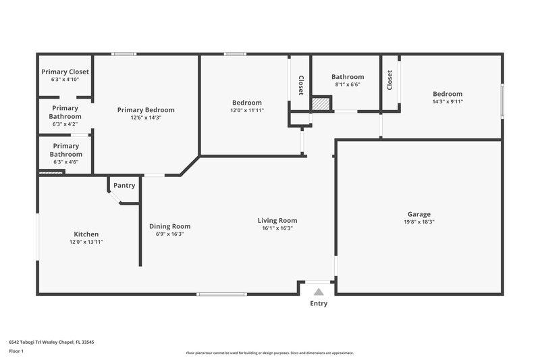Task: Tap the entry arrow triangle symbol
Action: [x=319, y=291]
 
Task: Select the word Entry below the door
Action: [x=319, y=304]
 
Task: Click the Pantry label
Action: [x=124, y=186]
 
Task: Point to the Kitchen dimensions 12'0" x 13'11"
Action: [x=86, y=242]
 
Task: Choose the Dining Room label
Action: [x=169, y=226]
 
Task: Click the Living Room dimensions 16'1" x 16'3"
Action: [x=277, y=228]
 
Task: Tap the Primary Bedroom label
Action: [x=146, y=110]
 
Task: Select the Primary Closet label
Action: [x=65, y=72]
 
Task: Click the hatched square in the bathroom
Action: [x=321, y=104]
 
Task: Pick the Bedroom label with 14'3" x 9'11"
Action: [x=448, y=94]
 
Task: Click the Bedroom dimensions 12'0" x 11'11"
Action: [x=246, y=110]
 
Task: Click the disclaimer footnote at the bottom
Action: [x=269, y=353]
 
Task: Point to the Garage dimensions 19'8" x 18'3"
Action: [x=418, y=222]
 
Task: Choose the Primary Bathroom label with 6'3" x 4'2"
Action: [x=65, y=112]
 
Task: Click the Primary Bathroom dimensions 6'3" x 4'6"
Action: [x=65, y=162]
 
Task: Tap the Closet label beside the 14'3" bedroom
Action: [x=390, y=80]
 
